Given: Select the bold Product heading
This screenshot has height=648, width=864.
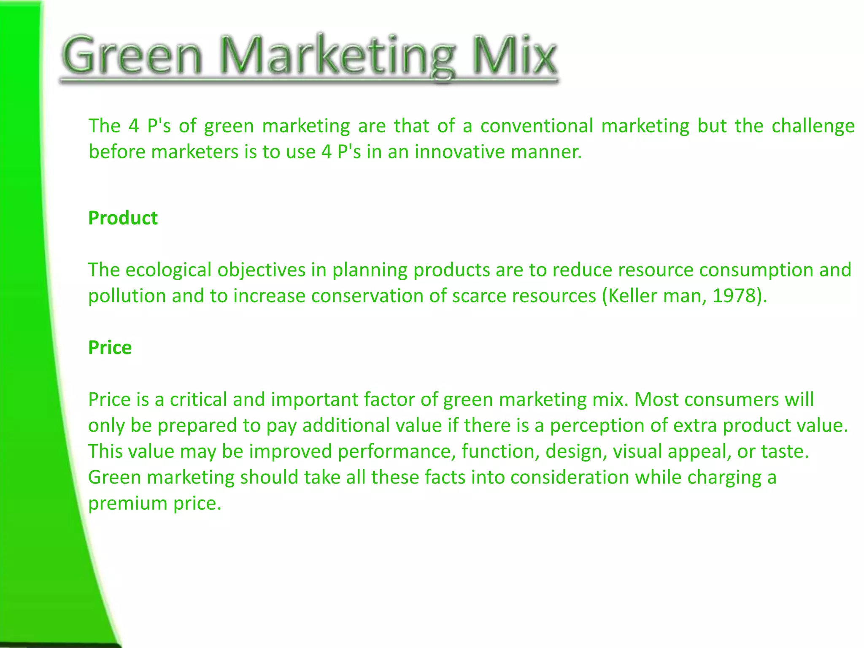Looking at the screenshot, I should [123, 218].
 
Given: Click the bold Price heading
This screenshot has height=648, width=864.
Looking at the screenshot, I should [110, 348].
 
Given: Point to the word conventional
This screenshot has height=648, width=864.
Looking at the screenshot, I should [537, 126].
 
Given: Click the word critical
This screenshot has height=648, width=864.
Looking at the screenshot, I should [198, 400].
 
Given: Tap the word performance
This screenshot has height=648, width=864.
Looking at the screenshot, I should [396, 451].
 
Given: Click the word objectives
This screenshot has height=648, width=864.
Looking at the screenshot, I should [262, 270].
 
